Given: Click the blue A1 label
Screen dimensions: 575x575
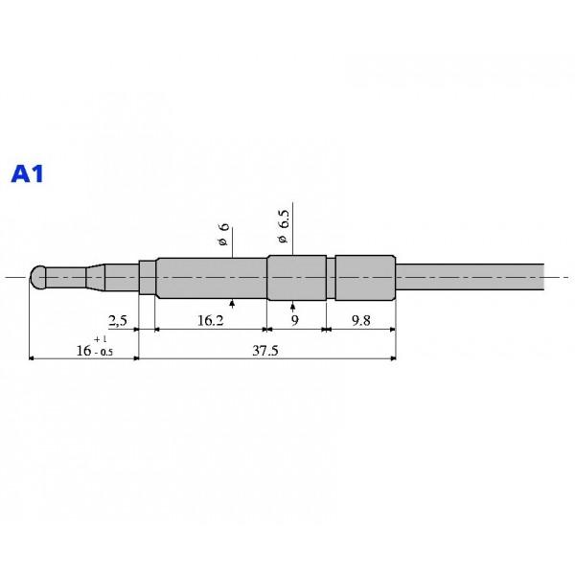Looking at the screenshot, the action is (x=28, y=173).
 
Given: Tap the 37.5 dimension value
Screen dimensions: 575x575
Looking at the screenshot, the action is (x=265, y=351).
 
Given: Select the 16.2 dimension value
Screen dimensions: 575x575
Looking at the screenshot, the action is (x=211, y=321).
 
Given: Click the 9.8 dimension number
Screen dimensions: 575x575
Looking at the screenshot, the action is (x=361, y=321).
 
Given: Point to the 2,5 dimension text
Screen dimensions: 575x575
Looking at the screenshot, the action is (x=118, y=321).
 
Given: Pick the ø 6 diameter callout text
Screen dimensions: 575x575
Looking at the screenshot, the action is (x=222, y=235).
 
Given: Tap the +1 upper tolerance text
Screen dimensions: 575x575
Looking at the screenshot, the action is (x=100, y=339).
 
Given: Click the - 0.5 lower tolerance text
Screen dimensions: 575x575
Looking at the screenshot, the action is (x=103, y=353).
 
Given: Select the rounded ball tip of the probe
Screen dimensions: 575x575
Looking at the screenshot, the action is (x=37, y=277).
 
